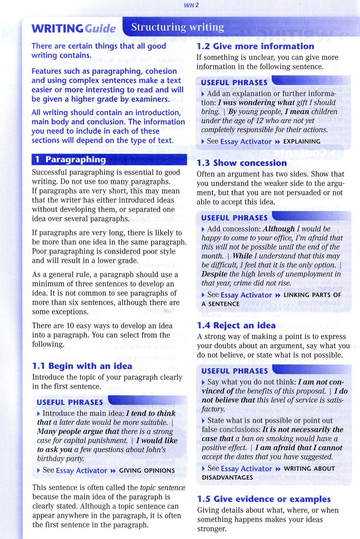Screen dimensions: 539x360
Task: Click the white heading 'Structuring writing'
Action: [177, 28]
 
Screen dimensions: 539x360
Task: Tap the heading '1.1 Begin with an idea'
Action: [82, 366]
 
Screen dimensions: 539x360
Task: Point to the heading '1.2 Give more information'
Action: [255, 46]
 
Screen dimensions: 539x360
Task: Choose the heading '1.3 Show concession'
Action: [241, 163]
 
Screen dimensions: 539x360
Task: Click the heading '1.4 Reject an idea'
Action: [236, 325]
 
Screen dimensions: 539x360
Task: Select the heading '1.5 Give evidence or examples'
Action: [264, 499]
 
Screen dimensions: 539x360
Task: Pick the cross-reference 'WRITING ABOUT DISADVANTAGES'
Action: [269, 473]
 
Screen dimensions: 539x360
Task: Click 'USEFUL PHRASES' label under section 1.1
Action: [69, 402]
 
